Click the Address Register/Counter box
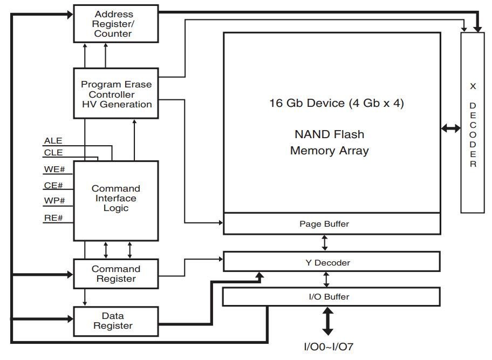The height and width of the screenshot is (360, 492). (116, 24)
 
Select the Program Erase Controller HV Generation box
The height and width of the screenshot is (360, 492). (116, 93)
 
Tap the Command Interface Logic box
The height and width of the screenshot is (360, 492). (116, 199)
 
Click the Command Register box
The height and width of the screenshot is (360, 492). (116, 274)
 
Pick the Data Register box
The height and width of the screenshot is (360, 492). (116, 321)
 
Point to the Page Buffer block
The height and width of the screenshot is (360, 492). (332, 223)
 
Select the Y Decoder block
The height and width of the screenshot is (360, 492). (332, 262)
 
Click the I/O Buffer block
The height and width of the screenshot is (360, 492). (332, 297)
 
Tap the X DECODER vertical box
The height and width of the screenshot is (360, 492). (473, 123)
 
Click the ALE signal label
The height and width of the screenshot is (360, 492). (53, 141)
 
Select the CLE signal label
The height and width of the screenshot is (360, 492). (53, 153)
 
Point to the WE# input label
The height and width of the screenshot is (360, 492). (54, 169)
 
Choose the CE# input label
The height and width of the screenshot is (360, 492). (53, 186)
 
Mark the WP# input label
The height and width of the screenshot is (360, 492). (54, 201)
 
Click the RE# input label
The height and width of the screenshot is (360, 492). (53, 218)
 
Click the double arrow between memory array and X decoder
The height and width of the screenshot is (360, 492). (450, 128)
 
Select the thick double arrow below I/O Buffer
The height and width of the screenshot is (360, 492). (327, 321)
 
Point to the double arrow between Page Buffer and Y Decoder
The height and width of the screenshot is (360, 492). (325, 243)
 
